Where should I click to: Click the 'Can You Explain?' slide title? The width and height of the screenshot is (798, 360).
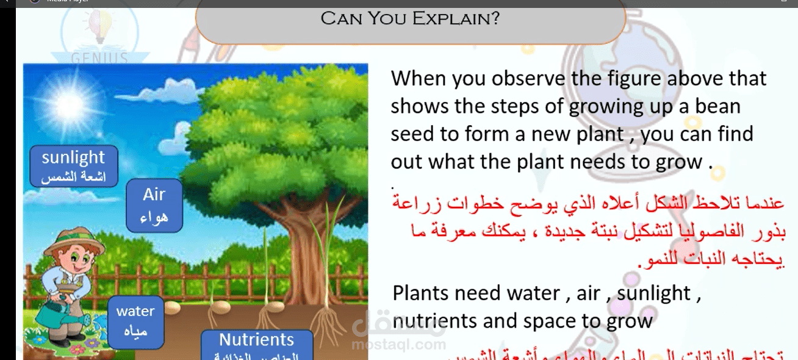coord(410,18)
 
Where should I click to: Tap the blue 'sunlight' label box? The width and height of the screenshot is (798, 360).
coord(73,165)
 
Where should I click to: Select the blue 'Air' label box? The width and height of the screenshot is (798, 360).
coord(154,205)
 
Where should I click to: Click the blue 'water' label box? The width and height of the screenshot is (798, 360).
coord(135,320)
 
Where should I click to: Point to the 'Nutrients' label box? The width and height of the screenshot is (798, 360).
coord(257,344)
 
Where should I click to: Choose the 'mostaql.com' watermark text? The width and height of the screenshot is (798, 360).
coord(398,345)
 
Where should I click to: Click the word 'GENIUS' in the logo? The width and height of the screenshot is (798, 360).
coord(99,59)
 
